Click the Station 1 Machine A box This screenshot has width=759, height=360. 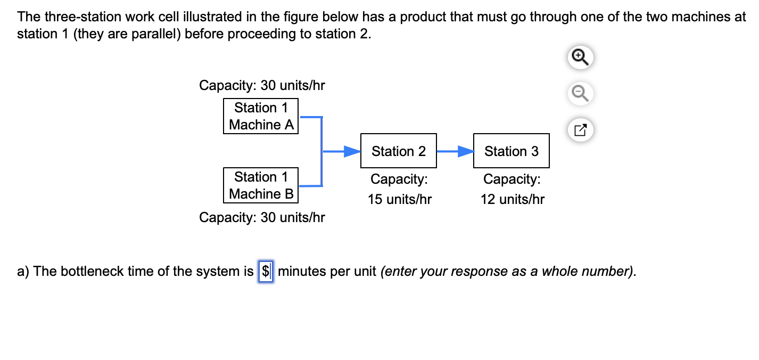pyautogui.click(x=261, y=116)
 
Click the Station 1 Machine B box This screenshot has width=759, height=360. pyautogui.click(x=261, y=185)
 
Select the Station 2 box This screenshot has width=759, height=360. pyautogui.click(x=399, y=151)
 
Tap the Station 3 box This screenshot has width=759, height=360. pyautogui.click(x=511, y=151)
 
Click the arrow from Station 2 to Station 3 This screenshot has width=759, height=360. pyautogui.click(x=455, y=152)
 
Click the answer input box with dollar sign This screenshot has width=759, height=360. pyautogui.click(x=266, y=272)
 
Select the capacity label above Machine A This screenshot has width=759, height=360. pyautogui.click(x=262, y=85)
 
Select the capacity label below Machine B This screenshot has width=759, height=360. pyautogui.click(x=262, y=217)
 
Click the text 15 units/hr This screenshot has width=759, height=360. pyautogui.click(x=399, y=200)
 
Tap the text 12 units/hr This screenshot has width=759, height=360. pyautogui.click(x=512, y=200)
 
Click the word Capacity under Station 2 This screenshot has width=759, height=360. pyautogui.click(x=399, y=179)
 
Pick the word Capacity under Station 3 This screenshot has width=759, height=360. pyautogui.click(x=511, y=179)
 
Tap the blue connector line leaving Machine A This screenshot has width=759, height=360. pyautogui.click(x=310, y=117)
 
